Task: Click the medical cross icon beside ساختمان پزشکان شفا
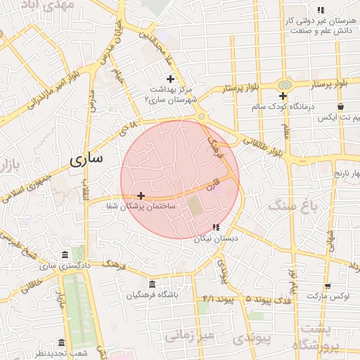tap(141, 195)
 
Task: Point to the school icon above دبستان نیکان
tap(216, 227)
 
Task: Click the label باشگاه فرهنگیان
tap(153, 295)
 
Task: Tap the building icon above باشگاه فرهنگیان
tap(153, 284)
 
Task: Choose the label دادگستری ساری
tap(65, 266)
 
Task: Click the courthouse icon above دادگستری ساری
tap(65, 255)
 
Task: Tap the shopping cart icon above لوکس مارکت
tap(328, 285)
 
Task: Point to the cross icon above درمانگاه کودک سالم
tap(283, 96)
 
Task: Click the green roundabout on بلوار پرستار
tap(284, 84)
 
